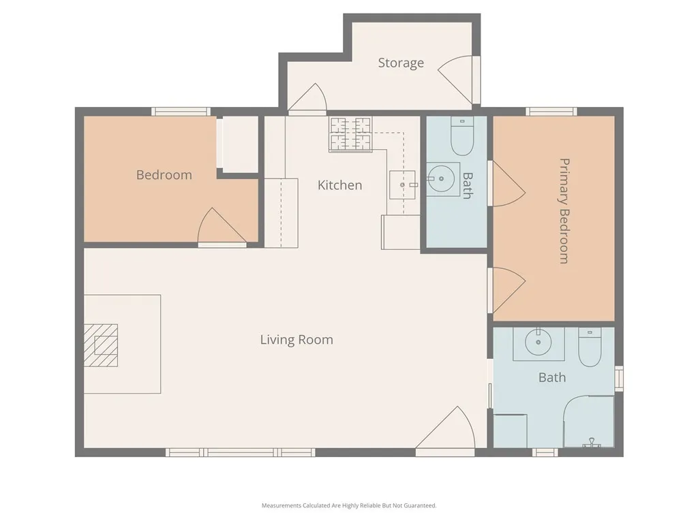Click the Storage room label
[x=401, y=63]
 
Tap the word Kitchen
[x=339, y=185]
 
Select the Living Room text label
[x=297, y=339]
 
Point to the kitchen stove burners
[x=351, y=134]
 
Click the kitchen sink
[x=402, y=185]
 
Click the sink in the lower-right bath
[x=538, y=343]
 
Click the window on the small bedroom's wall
[x=181, y=112]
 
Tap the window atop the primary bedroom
[x=551, y=112]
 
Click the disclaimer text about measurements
[x=349, y=505]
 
